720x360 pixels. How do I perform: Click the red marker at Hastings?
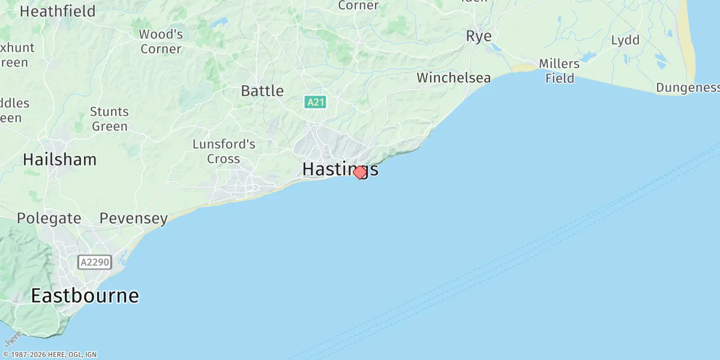pos(359,172)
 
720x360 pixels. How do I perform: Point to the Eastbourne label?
pos(85,296)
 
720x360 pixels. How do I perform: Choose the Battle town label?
pos(262,91)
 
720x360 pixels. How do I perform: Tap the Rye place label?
pos(479,37)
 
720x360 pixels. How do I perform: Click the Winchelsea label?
pos(454,78)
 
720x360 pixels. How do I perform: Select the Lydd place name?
pos(625,41)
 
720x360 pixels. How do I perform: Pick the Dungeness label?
pos(687,88)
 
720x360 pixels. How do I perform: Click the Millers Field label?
pos(559,71)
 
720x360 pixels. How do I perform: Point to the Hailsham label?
pos(59,160)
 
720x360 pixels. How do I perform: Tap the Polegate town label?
pos(49,218)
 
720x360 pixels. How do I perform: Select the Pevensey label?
pos(134,218)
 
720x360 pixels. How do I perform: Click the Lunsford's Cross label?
pos(224,152)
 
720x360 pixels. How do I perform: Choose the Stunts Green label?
pos(109,119)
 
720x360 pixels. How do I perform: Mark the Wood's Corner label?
pos(161,41)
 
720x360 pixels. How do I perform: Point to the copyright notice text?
pos(49,355)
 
